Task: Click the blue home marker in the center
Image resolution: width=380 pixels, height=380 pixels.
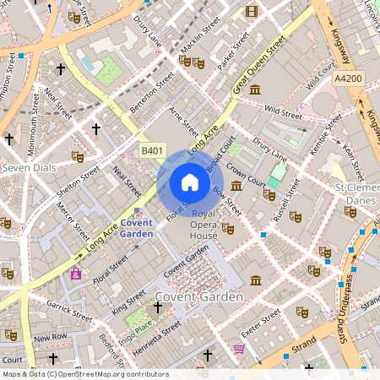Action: point(190,182)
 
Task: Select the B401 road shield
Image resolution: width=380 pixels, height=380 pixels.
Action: point(151,149)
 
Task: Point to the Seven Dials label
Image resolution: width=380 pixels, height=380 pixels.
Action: point(29,168)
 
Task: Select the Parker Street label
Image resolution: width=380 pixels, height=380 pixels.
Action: point(234,54)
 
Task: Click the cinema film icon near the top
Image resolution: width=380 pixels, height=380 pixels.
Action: point(251,11)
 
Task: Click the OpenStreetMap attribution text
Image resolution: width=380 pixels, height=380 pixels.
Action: point(84,374)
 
